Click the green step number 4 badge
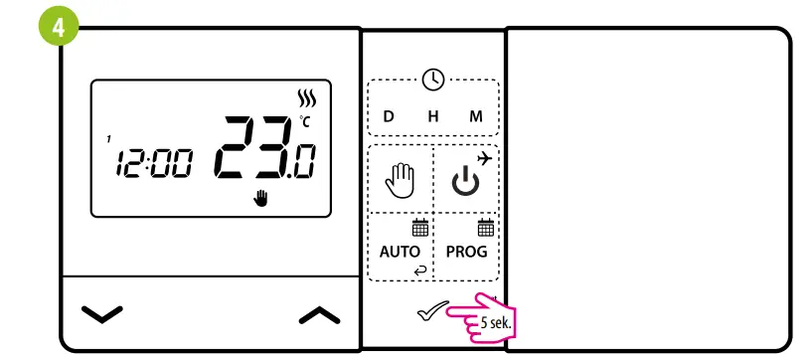tap(60, 27)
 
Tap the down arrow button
tap(102, 315)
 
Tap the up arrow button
tap(319, 315)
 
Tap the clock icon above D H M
tap(433, 80)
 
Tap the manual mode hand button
tap(401, 181)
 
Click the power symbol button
tap(465, 182)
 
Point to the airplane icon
tap(484, 158)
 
